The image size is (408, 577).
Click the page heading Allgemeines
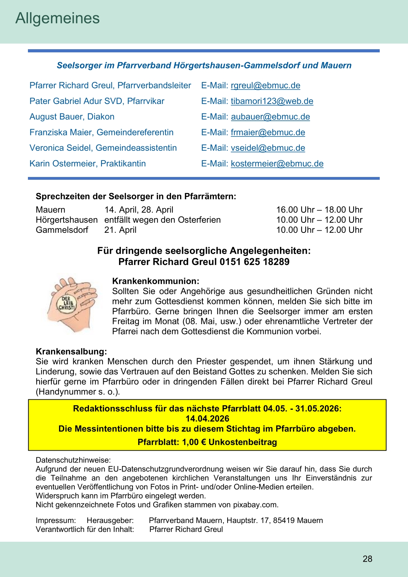pyautogui.click(x=58, y=19)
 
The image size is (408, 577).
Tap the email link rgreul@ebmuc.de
pyautogui.click(x=265, y=86)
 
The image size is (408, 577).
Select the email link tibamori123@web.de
pyautogui.click(x=272, y=101)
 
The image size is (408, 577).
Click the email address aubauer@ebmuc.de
pyautogui.click(x=270, y=117)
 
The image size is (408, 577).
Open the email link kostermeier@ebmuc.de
pyautogui.click(x=277, y=164)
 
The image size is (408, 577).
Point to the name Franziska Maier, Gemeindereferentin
pyautogui.click(x=101, y=132)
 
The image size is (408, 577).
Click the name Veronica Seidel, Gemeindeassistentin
pyautogui.click(x=103, y=148)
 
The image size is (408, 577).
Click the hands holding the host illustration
pyautogui.click(x=73, y=304)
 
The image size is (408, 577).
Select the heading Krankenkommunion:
pyautogui.click(x=156, y=281)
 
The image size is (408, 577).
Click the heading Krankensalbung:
pyautogui.click(x=71, y=351)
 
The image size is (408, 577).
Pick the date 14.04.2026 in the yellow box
pyautogui.click(x=207, y=419)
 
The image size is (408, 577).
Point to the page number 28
pyautogui.click(x=367, y=559)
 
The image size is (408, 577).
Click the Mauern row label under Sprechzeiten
pyautogui.click(x=50, y=210)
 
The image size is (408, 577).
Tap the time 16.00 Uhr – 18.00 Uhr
pyautogui.click(x=319, y=210)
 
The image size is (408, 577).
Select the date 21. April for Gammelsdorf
pyautogui.click(x=120, y=230)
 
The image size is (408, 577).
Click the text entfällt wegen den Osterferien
pyautogui.click(x=162, y=220)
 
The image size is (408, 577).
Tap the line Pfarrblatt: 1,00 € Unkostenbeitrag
pyautogui.click(x=207, y=442)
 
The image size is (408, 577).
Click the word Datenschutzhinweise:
pyautogui.click(x=73, y=460)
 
